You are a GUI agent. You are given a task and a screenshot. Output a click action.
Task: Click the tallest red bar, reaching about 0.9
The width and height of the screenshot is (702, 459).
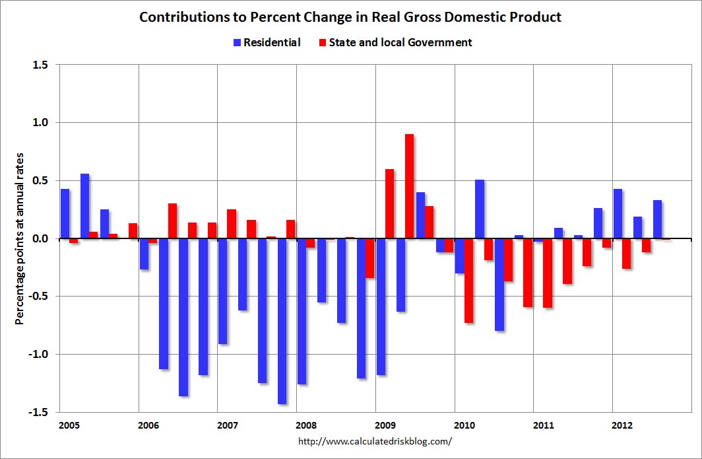click(409, 186)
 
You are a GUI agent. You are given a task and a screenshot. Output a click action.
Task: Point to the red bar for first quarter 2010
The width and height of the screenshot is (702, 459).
click(468, 280)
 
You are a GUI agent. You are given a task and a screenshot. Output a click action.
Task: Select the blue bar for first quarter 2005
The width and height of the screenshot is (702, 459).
click(65, 213)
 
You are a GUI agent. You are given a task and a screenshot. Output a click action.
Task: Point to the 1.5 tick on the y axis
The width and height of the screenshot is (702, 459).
click(41, 65)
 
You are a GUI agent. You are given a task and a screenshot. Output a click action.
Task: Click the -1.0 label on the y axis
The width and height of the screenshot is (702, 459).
click(39, 354)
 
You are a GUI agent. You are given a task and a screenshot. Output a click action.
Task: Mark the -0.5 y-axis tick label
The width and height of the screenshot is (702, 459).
click(39, 296)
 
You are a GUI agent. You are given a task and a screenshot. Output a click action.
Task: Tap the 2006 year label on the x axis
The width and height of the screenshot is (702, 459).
click(147, 425)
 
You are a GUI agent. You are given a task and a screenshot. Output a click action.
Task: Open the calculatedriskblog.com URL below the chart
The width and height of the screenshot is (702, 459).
click(376, 441)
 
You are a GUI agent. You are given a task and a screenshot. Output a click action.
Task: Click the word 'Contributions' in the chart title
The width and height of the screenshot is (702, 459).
click(178, 17)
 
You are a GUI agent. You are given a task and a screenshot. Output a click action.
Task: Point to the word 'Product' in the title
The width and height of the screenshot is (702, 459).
click(537, 17)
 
